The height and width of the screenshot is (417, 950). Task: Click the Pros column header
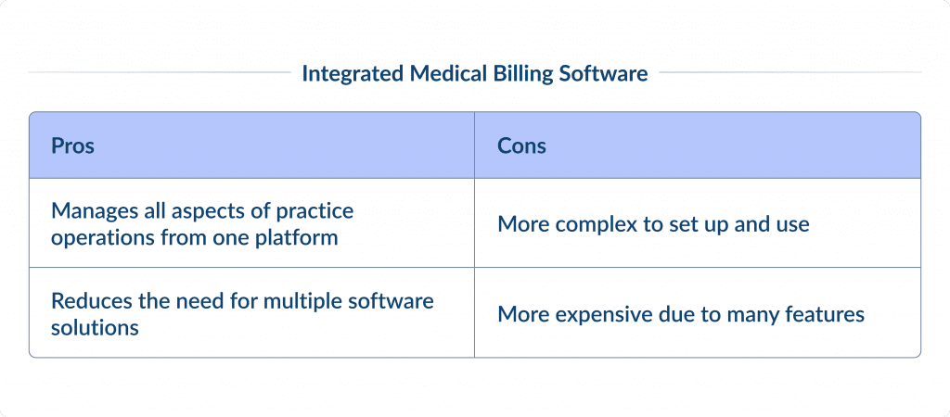(72, 146)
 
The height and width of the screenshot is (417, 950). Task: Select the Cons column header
(521, 146)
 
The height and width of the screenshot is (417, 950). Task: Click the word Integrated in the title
(353, 74)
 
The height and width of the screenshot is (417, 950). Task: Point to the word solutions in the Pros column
(95, 327)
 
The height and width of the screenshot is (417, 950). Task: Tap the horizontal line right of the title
(790, 71)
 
